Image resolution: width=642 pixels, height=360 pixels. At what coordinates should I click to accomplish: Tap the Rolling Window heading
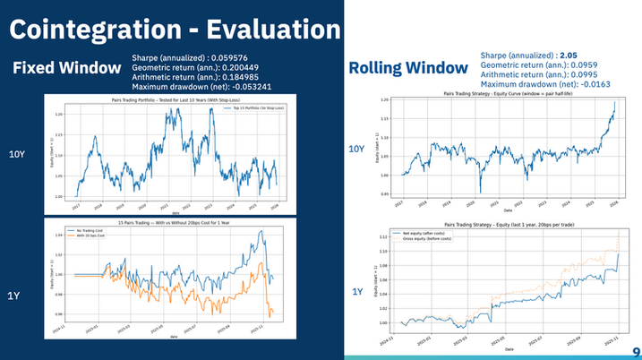[x=407, y=68]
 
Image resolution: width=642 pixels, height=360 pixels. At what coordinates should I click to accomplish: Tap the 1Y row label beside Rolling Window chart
[x=357, y=291]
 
